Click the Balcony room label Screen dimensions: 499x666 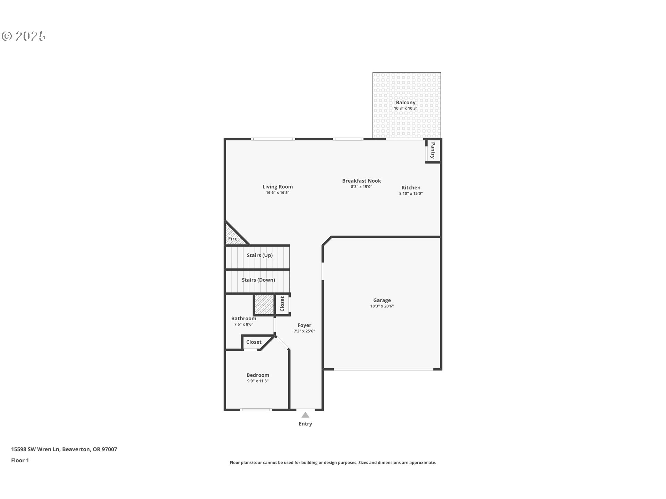[x=405, y=103]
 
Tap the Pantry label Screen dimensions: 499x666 [x=433, y=150]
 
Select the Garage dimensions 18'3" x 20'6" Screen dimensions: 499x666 [x=382, y=306]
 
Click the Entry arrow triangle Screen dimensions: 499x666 [x=305, y=415]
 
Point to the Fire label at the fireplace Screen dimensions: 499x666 [x=233, y=239]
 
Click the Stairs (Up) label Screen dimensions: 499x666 [x=259, y=255]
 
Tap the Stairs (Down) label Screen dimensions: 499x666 [x=258, y=280]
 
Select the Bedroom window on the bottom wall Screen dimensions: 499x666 [x=256, y=410]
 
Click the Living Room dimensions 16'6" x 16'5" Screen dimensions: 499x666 [x=277, y=193]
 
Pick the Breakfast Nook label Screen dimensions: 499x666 [x=361, y=181]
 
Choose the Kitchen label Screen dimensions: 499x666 [x=411, y=188]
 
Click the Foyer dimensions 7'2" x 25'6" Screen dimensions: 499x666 [x=304, y=331]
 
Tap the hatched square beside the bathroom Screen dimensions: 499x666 [x=264, y=304]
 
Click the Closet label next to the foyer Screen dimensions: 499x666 [x=282, y=304]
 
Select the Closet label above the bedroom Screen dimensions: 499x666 [x=254, y=342]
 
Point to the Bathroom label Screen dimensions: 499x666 [x=244, y=318]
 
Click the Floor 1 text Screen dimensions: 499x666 [x=20, y=461]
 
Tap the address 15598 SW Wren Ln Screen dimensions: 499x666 [x=36, y=449]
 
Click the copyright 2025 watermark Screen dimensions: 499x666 [x=24, y=36]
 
